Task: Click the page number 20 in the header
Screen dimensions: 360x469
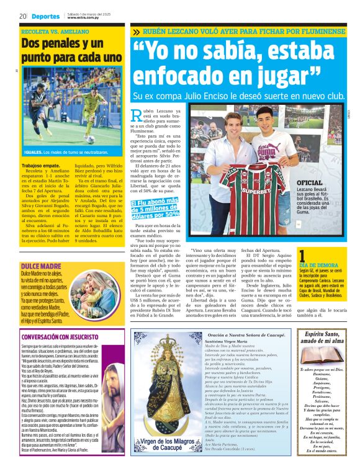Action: pyautogui.click(x=23, y=16)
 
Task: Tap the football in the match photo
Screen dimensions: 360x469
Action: pyautogui.click(x=91, y=139)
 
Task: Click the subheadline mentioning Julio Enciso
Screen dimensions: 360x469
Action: pyautogui.click(x=238, y=96)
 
